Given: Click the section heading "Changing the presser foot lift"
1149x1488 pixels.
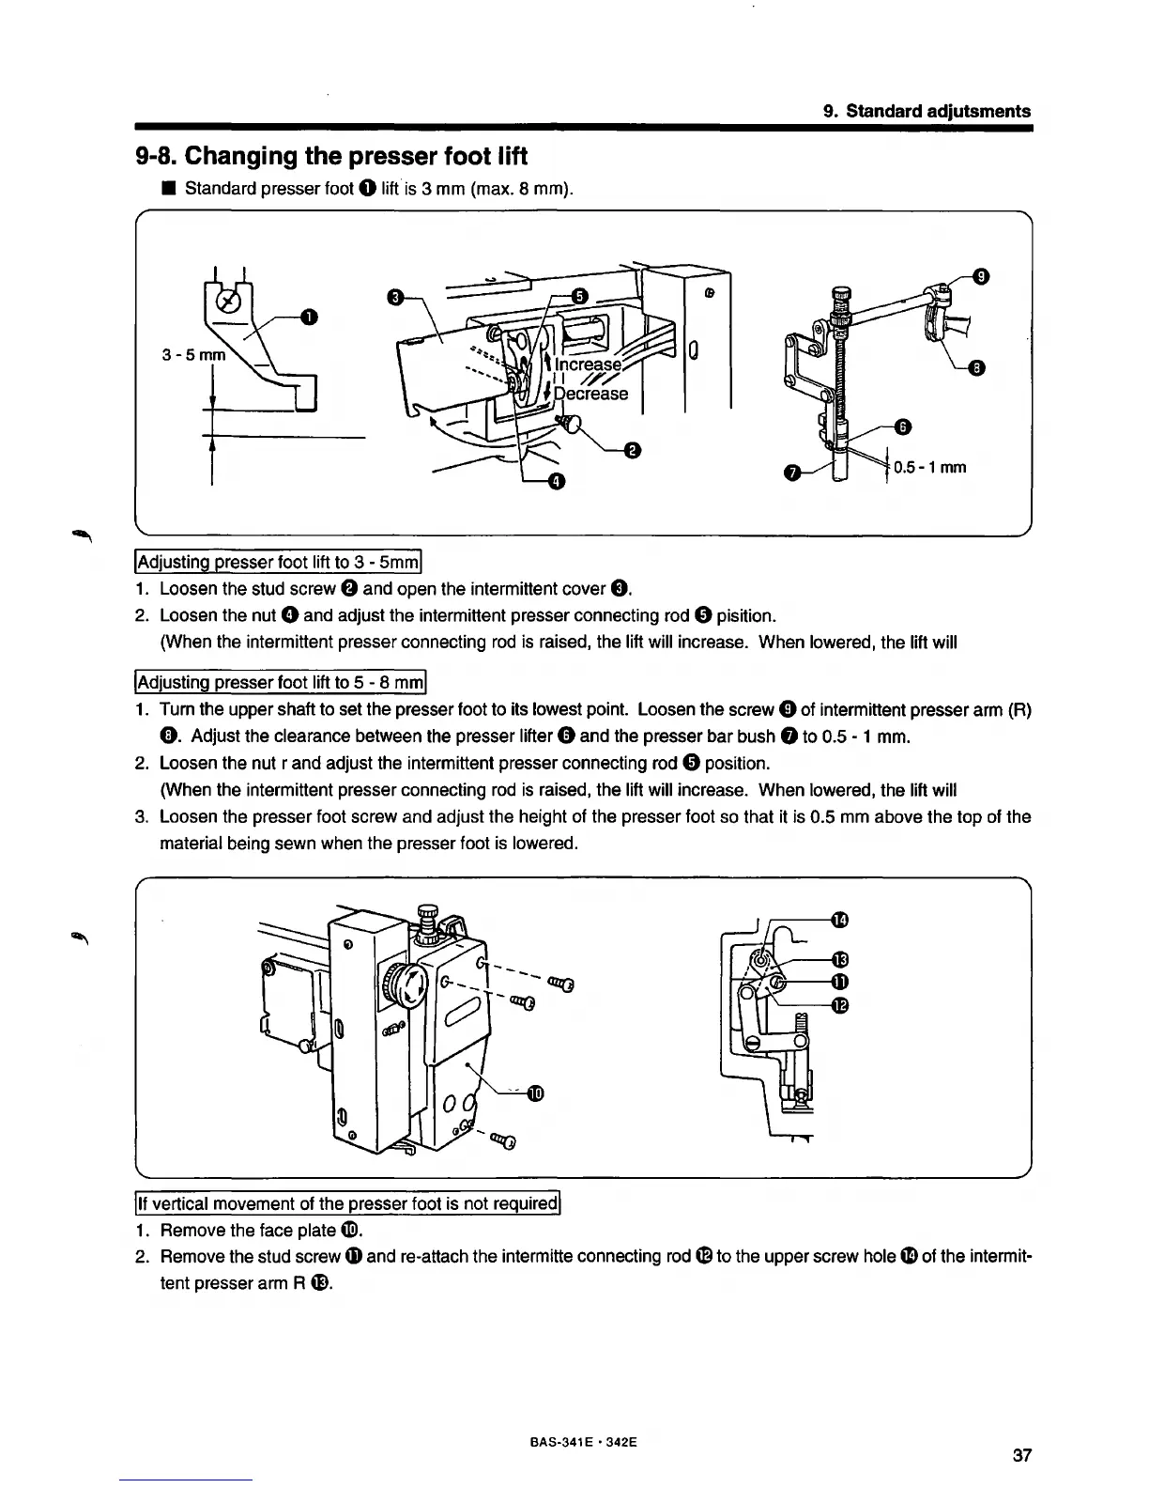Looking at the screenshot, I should (331, 155).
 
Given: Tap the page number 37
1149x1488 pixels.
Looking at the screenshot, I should (1022, 1456).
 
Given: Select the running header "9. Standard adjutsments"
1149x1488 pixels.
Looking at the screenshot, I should (927, 111).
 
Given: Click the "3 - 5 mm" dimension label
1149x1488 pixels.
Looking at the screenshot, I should (194, 356).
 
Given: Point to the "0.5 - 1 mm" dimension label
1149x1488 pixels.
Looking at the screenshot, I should (929, 467).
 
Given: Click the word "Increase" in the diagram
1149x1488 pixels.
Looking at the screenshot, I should (589, 364).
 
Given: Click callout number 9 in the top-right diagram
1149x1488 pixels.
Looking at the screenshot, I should (980, 276).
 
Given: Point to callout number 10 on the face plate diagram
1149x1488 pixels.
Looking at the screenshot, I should (535, 1093).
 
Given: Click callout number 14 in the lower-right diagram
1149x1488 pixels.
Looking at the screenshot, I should (840, 918).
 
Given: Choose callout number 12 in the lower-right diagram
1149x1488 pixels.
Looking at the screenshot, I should (840, 1006).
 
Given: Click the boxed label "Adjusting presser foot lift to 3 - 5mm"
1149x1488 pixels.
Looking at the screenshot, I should (281, 564).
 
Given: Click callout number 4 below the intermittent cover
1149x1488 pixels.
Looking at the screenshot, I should (557, 483).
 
